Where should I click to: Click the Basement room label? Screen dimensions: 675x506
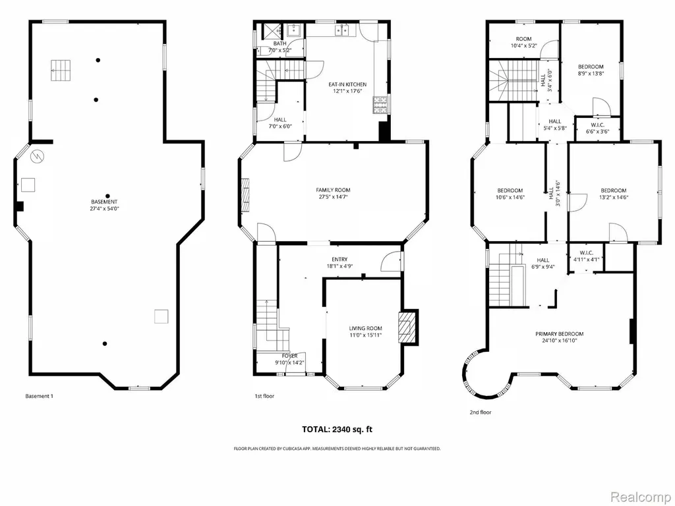(x=104, y=202)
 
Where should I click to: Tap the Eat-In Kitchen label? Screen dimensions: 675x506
(x=347, y=85)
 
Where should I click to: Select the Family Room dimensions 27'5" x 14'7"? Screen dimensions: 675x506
(x=333, y=197)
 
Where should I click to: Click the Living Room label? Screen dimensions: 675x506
(x=365, y=328)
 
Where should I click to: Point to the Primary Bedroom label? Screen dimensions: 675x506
(x=559, y=334)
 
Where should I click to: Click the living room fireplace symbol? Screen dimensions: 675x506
(x=407, y=327)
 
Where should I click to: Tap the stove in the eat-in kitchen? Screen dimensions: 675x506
(x=380, y=105)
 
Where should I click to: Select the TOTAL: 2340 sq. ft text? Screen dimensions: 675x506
(x=337, y=429)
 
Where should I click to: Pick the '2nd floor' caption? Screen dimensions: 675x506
(x=480, y=412)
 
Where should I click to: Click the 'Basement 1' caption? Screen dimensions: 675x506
(x=39, y=396)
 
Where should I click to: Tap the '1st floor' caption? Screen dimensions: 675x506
(x=264, y=396)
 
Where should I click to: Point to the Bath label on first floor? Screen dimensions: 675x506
(x=279, y=43)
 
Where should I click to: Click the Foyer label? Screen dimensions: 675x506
(x=290, y=356)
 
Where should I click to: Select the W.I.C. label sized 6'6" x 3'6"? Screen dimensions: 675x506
(x=597, y=128)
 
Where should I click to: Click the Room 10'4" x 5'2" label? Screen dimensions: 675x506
(x=523, y=42)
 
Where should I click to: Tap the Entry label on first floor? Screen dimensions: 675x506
(x=339, y=260)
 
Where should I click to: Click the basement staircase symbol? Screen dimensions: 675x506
(x=61, y=70)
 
